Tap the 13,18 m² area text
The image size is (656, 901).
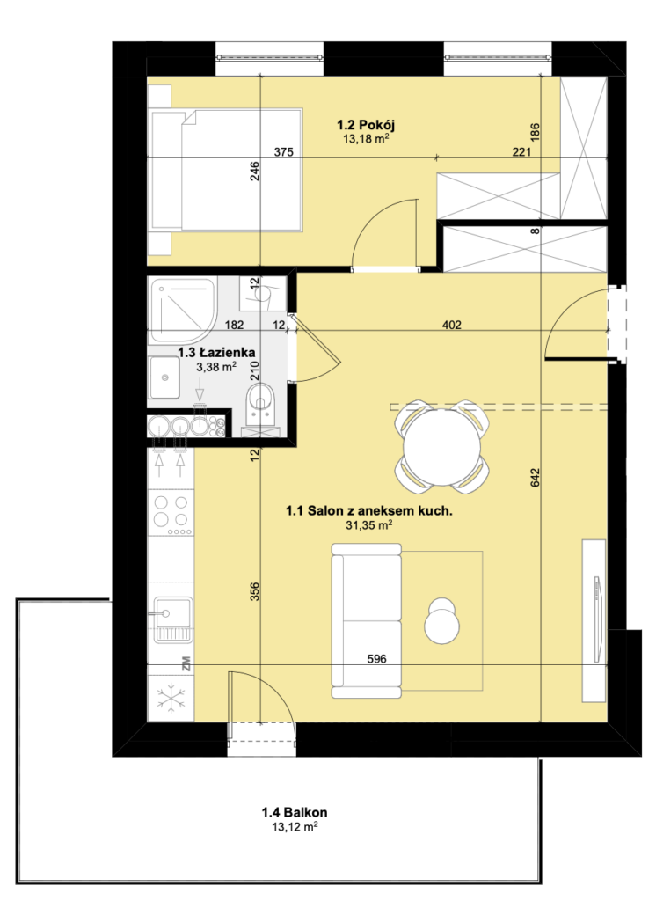coord(366,138)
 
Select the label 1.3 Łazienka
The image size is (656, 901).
coord(216,352)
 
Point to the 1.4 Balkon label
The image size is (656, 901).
coord(295,812)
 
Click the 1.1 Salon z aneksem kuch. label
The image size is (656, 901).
coord(368,510)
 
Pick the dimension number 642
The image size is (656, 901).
coord(535,478)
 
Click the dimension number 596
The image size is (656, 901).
coord(377,659)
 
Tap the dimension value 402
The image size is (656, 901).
coord(452,326)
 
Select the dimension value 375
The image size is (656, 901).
coord(284,152)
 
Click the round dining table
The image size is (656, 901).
coord(441,446)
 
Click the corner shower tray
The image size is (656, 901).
coord(183,311)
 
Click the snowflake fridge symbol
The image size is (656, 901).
coord(171,699)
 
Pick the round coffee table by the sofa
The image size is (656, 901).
coord(441,621)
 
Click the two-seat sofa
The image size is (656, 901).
coord(367,620)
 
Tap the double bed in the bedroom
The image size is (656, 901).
coord(226,171)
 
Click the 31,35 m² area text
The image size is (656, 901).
coord(368,524)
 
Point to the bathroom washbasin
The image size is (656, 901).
coord(164,377)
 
